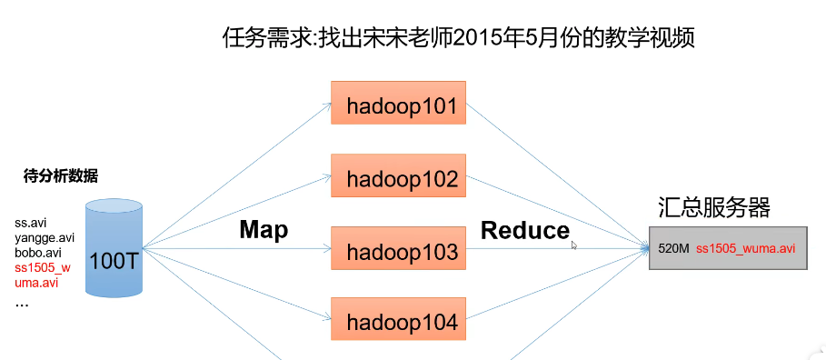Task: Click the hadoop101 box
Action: (398, 103)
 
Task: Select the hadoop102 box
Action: (398, 175)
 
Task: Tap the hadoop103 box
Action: (398, 248)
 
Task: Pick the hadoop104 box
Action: (398, 318)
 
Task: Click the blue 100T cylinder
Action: (114, 247)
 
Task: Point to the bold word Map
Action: (264, 230)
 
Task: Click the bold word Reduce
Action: (525, 231)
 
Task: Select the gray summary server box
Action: (728, 248)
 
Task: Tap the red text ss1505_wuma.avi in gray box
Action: (745, 249)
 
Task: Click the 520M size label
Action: (673, 249)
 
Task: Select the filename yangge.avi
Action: (45, 238)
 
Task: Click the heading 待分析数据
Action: (61, 176)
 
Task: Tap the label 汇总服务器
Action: (714, 207)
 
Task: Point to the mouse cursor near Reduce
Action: (573, 245)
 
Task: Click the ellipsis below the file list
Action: (22, 305)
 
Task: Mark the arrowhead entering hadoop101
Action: (327, 104)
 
